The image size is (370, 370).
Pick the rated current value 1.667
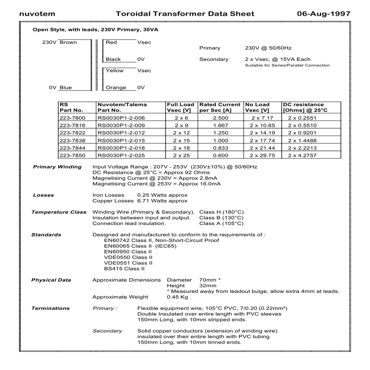pos(220,126)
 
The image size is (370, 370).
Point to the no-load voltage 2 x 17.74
pos(262,141)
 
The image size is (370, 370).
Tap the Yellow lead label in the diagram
pos(115,71)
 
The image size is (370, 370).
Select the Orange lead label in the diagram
pos(116,87)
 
